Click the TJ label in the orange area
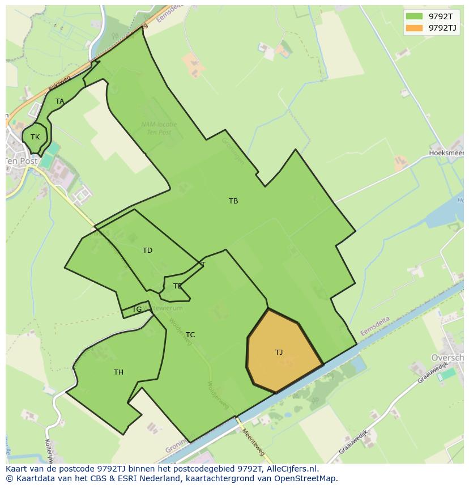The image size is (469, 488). click(x=279, y=353)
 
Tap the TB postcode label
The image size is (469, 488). click(x=233, y=201)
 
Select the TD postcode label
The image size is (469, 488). click(x=147, y=251)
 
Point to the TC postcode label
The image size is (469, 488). click(x=190, y=335)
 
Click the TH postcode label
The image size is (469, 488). click(x=118, y=372)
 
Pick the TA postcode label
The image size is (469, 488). click(x=59, y=101)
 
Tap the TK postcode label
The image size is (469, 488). click(x=35, y=137)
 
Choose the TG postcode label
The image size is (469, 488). click(x=137, y=309)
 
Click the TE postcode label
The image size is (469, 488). click(x=178, y=286)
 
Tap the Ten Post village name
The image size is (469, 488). click(x=22, y=161)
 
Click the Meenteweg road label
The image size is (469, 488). click(x=253, y=442)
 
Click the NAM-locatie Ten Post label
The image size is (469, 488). click(x=159, y=128)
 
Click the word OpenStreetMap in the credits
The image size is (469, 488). click(x=306, y=478)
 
